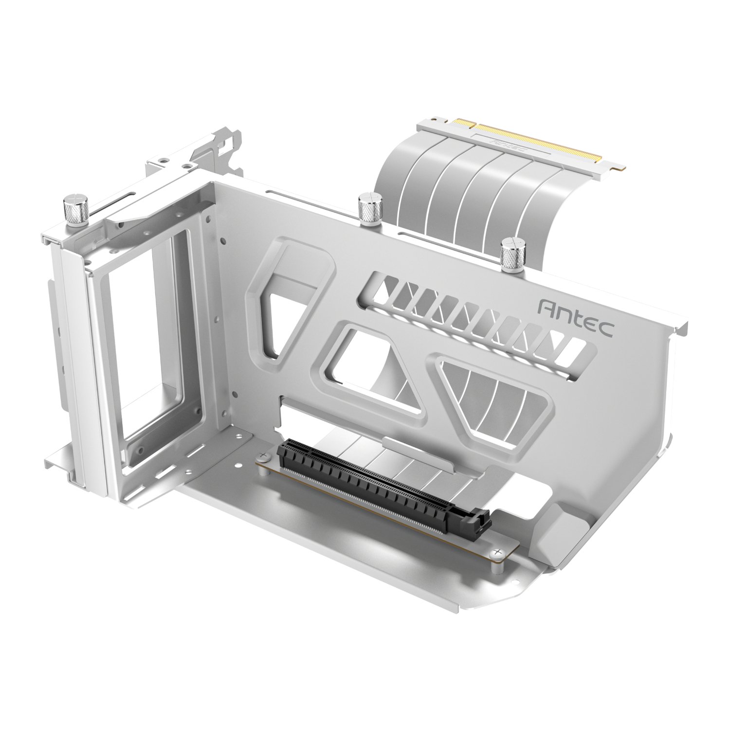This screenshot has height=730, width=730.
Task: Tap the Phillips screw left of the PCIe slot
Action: click(x=263, y=456)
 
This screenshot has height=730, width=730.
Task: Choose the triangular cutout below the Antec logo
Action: click(x=492, y=394)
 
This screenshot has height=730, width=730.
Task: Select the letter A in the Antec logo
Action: click(x=548, y=308)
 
